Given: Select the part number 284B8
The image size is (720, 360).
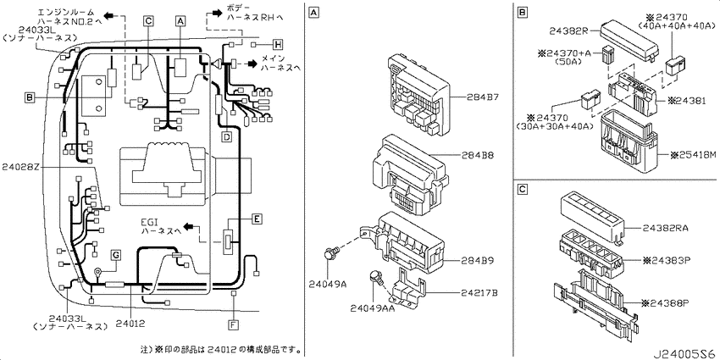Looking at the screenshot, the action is click(x=478, y=155).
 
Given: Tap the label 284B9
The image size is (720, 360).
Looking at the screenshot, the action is click(x=478, y=260).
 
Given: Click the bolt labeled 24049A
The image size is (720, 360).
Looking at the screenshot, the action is click(x=331, y=252).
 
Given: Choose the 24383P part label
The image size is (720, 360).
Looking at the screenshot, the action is click(x=666, y=260).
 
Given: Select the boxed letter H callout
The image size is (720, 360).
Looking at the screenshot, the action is click(x=277, y=45).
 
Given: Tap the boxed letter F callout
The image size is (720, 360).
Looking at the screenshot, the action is click(x=233, y=325).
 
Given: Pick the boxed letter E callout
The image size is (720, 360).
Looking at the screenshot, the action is click(x=257, y=219).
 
